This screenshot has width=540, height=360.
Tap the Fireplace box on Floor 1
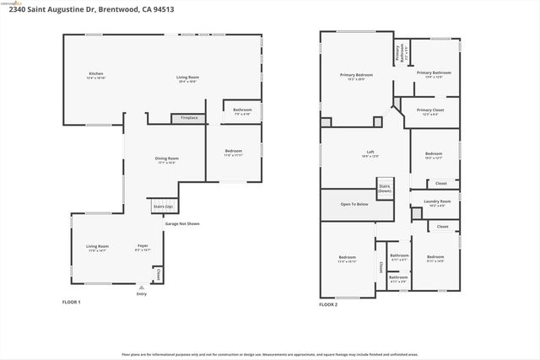[189, 118]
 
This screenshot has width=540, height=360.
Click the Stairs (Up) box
[163, 206]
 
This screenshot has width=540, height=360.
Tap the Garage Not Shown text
[181, 224]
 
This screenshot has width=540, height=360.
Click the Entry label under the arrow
[141, 294]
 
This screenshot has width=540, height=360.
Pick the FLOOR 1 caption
[72, 302]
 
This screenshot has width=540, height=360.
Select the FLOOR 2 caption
[328, 304]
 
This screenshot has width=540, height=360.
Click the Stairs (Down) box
[385, 188]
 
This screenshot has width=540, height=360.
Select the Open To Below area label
[354, 204]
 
